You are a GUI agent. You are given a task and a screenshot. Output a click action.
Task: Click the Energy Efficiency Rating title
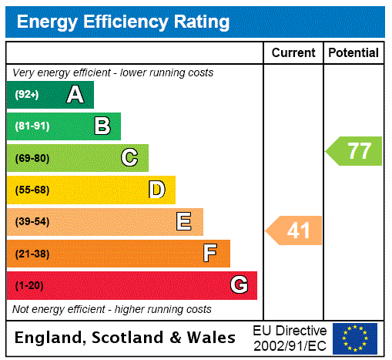[x=123, y=22]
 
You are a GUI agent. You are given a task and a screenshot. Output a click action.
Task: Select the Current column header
[x=293, y=52]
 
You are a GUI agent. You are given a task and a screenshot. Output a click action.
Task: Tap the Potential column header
[x=353, y=52]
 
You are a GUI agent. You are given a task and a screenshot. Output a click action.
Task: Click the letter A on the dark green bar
[x=75, y=95]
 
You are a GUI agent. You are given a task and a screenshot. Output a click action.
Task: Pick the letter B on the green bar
[x=102, y=126]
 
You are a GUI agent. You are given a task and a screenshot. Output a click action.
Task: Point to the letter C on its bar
[x=129, y=158]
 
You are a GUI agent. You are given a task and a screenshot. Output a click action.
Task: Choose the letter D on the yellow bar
[x=156, y=190]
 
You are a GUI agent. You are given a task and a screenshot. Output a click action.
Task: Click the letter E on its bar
[x=183, y=222]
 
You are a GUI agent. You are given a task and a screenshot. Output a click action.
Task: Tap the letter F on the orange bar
[x=209, y=253]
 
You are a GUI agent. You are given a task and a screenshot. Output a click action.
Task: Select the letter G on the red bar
[x=239, y=285]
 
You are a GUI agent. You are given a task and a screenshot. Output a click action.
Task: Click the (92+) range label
[x=27, y=95]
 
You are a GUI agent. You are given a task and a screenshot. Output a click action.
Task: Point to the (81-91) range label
[x=32, y=126]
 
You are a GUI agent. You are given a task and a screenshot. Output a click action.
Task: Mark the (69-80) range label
[x=32, y=158]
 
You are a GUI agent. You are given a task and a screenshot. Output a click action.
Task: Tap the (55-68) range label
[x=32, y=190]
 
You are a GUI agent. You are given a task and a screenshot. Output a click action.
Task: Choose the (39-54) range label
[x=32, y=222]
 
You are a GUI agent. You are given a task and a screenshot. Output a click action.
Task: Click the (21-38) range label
[x=32, y=254]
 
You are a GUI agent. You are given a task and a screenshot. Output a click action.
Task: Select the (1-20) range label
[x=29, y=285]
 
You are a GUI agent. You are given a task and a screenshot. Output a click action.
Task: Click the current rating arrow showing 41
[x=295, y=230]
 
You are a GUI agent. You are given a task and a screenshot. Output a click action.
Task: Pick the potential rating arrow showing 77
[x=354, y=150]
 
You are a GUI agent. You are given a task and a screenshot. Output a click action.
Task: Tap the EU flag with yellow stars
[x=355, y=338]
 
